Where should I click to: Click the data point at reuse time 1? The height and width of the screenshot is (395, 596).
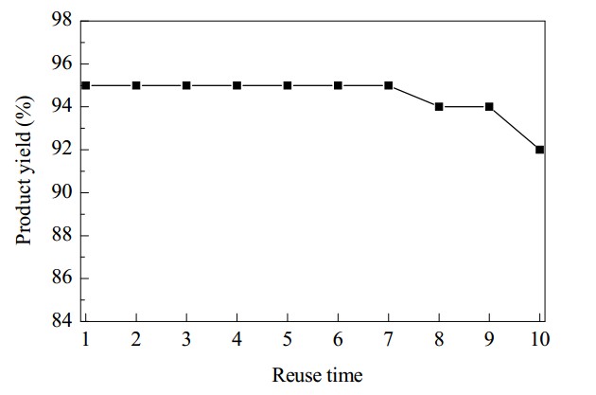point(85,85)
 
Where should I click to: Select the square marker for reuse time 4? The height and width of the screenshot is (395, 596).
point(237,85)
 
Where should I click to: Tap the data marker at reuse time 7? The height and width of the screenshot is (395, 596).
point(389,85)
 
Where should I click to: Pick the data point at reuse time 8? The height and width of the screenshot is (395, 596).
point(439,106)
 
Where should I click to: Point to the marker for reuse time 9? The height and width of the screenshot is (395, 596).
point(489,106)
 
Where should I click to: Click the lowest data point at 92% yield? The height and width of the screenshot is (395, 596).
point(540,150)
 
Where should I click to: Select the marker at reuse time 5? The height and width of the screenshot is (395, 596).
point(288,85)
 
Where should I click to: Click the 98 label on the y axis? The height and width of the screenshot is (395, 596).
point(61,19)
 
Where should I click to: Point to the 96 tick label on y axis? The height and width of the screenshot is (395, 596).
point(61,63)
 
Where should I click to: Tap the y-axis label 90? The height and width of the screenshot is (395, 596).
point(61,192)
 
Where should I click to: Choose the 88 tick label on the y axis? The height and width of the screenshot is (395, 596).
point(61,235)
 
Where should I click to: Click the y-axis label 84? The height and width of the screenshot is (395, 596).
point(61,320)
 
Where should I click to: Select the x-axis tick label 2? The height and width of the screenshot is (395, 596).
point(136,339)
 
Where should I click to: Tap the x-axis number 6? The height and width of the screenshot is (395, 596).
point(338,339)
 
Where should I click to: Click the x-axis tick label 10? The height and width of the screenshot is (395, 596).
point(540,339)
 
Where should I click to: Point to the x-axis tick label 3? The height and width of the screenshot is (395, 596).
point(186,339)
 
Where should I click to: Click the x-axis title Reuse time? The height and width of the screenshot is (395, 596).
point(317,375)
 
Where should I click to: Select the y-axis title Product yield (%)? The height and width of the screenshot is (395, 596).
point(25,171)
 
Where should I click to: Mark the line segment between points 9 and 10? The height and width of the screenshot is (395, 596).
point(515,128)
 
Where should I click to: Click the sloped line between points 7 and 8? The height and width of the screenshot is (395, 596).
point(413,96)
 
